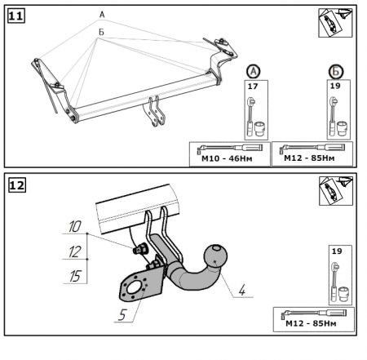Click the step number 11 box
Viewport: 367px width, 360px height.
[x=16, y=16]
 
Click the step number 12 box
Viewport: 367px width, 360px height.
[x=17, y=185]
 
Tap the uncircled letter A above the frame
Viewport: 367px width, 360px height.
[x=102, y=15]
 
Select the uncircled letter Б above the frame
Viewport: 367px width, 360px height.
[x=101, y=32]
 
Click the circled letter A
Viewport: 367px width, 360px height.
[x=254, y=72]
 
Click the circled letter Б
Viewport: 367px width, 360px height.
[x=336, y=72]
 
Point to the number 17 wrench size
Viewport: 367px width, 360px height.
[x=253, y=87]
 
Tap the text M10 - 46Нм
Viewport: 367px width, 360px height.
[x=227, y=158]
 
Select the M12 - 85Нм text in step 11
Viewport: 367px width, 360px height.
[x=309, y=158]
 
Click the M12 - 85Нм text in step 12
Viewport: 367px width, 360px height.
[x=311, y=323]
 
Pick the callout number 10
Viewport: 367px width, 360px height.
[x=75, y=226]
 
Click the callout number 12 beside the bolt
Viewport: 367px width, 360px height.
[x=75, y=251]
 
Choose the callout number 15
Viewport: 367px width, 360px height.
[x=75, y=276]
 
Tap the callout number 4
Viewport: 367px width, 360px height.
[x=241, y=290]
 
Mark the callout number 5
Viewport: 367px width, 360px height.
[x=122, y=315]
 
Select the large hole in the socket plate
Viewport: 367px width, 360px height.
[x=134, y=288]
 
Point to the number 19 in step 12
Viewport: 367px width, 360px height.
[x=337, y=251]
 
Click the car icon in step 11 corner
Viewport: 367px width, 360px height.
[x=335, y=23]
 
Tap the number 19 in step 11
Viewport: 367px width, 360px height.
[x=335, y=86]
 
